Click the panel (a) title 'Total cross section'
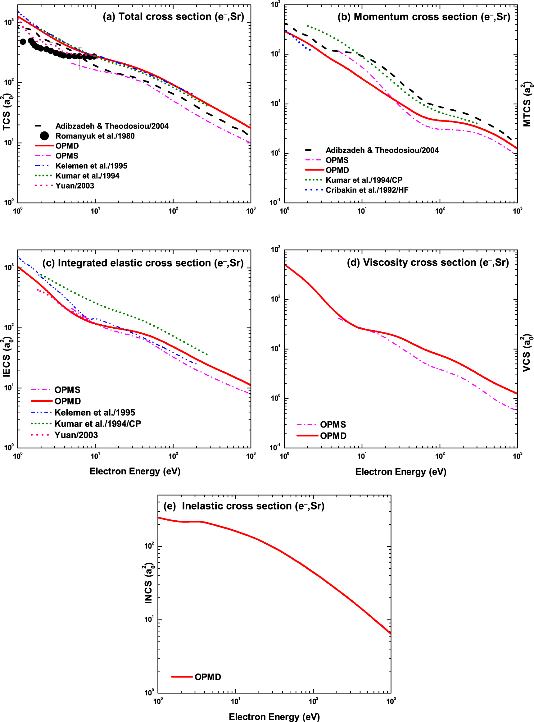(173, 17)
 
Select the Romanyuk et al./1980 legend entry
(95, 136)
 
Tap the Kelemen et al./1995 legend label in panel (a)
(91, 166)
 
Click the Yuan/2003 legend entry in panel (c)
(76, 435)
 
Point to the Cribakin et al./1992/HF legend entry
(367, 190)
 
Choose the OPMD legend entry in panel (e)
(207, 677)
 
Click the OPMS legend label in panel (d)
(333, 424)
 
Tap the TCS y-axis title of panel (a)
(7, 112)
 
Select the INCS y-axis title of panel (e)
(148, 583)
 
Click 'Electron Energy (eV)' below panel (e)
(274, 716)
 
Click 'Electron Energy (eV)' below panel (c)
(135, 471)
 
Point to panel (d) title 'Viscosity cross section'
(428, 263)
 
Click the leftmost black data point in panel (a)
(23, 42)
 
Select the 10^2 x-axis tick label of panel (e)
(313, 701)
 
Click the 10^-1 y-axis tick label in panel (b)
(275, 203)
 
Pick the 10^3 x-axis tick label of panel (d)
(517, 456)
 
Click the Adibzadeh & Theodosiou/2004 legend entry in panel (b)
(382, 150)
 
